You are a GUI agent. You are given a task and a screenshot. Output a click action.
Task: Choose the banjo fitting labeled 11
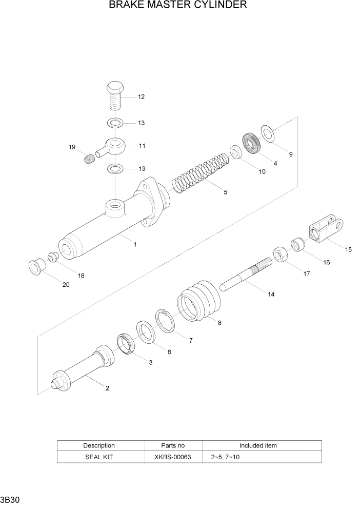[112, 146]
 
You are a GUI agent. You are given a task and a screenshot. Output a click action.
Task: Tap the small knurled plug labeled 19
[90, 158]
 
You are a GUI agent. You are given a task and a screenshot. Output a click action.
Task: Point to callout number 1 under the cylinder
[135, 245]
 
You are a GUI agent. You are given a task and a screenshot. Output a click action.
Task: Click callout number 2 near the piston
[107, 388]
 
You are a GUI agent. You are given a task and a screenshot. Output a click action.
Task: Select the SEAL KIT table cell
[99, 457]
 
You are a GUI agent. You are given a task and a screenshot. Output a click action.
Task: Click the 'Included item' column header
[257, 445]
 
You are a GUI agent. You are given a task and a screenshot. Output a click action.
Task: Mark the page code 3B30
[10, 499]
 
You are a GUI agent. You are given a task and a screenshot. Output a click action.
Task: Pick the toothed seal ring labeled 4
[251, 143]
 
